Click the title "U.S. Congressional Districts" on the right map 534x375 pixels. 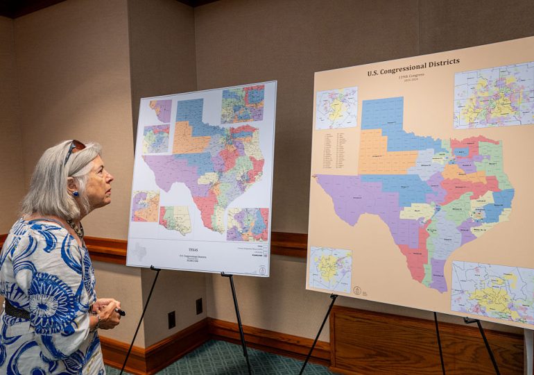pyautogui.click(x=413, y=67)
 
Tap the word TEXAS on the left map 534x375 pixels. pyautogui.click(x=193, y=249)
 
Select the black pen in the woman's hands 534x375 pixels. pyautogui.click(x=119, y=312)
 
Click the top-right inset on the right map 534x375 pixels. pyautogui.click(x=493, y=96)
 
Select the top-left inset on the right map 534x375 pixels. pyautogui.click(x=336, y=108)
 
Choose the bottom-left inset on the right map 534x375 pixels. pyautogui.click(x=329, y=268)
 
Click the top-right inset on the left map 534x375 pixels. pyautogui.click(x=242, y=104)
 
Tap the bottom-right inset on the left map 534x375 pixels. pyautogui.click(x=247, y=224)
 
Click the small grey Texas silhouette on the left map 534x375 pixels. pyautogui.click(x=140, y=251)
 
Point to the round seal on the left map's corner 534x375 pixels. pyautogui.click(x=261, y=269)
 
